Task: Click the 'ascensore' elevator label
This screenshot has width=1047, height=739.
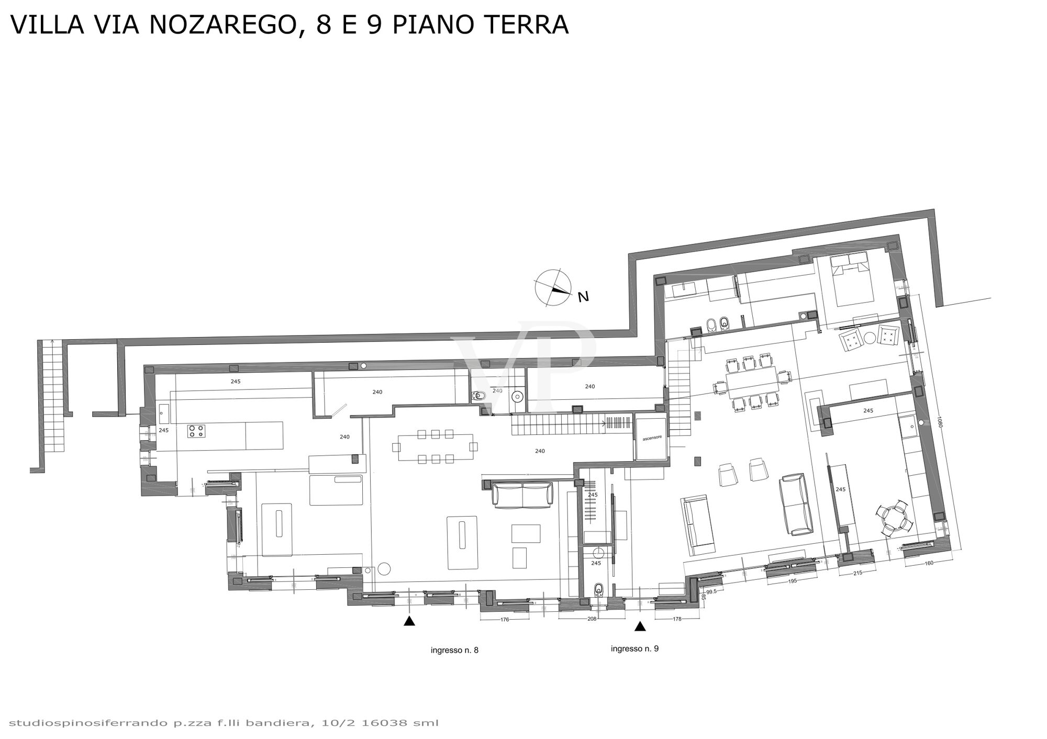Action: (652, 437)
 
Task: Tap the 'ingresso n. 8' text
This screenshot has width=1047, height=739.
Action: (454, 651)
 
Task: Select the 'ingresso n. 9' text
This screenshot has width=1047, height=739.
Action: (634, 648)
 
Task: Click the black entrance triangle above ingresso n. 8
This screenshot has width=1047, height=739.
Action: (409, 621)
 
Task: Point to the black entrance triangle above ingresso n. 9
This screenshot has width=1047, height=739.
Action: (639, 626)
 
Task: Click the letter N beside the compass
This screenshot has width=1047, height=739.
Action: (583, 297)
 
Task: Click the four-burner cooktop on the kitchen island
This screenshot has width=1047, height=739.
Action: (197, 431)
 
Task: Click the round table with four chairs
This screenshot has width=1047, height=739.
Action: (894, 518)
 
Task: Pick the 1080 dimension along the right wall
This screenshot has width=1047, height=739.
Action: (939, 422)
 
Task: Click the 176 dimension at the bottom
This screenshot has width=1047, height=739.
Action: (505, 620)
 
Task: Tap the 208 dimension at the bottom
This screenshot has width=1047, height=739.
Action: (592, 619)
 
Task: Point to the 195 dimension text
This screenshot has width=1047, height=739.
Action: (792, 581)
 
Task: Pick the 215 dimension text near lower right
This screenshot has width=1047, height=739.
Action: (857, 573)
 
